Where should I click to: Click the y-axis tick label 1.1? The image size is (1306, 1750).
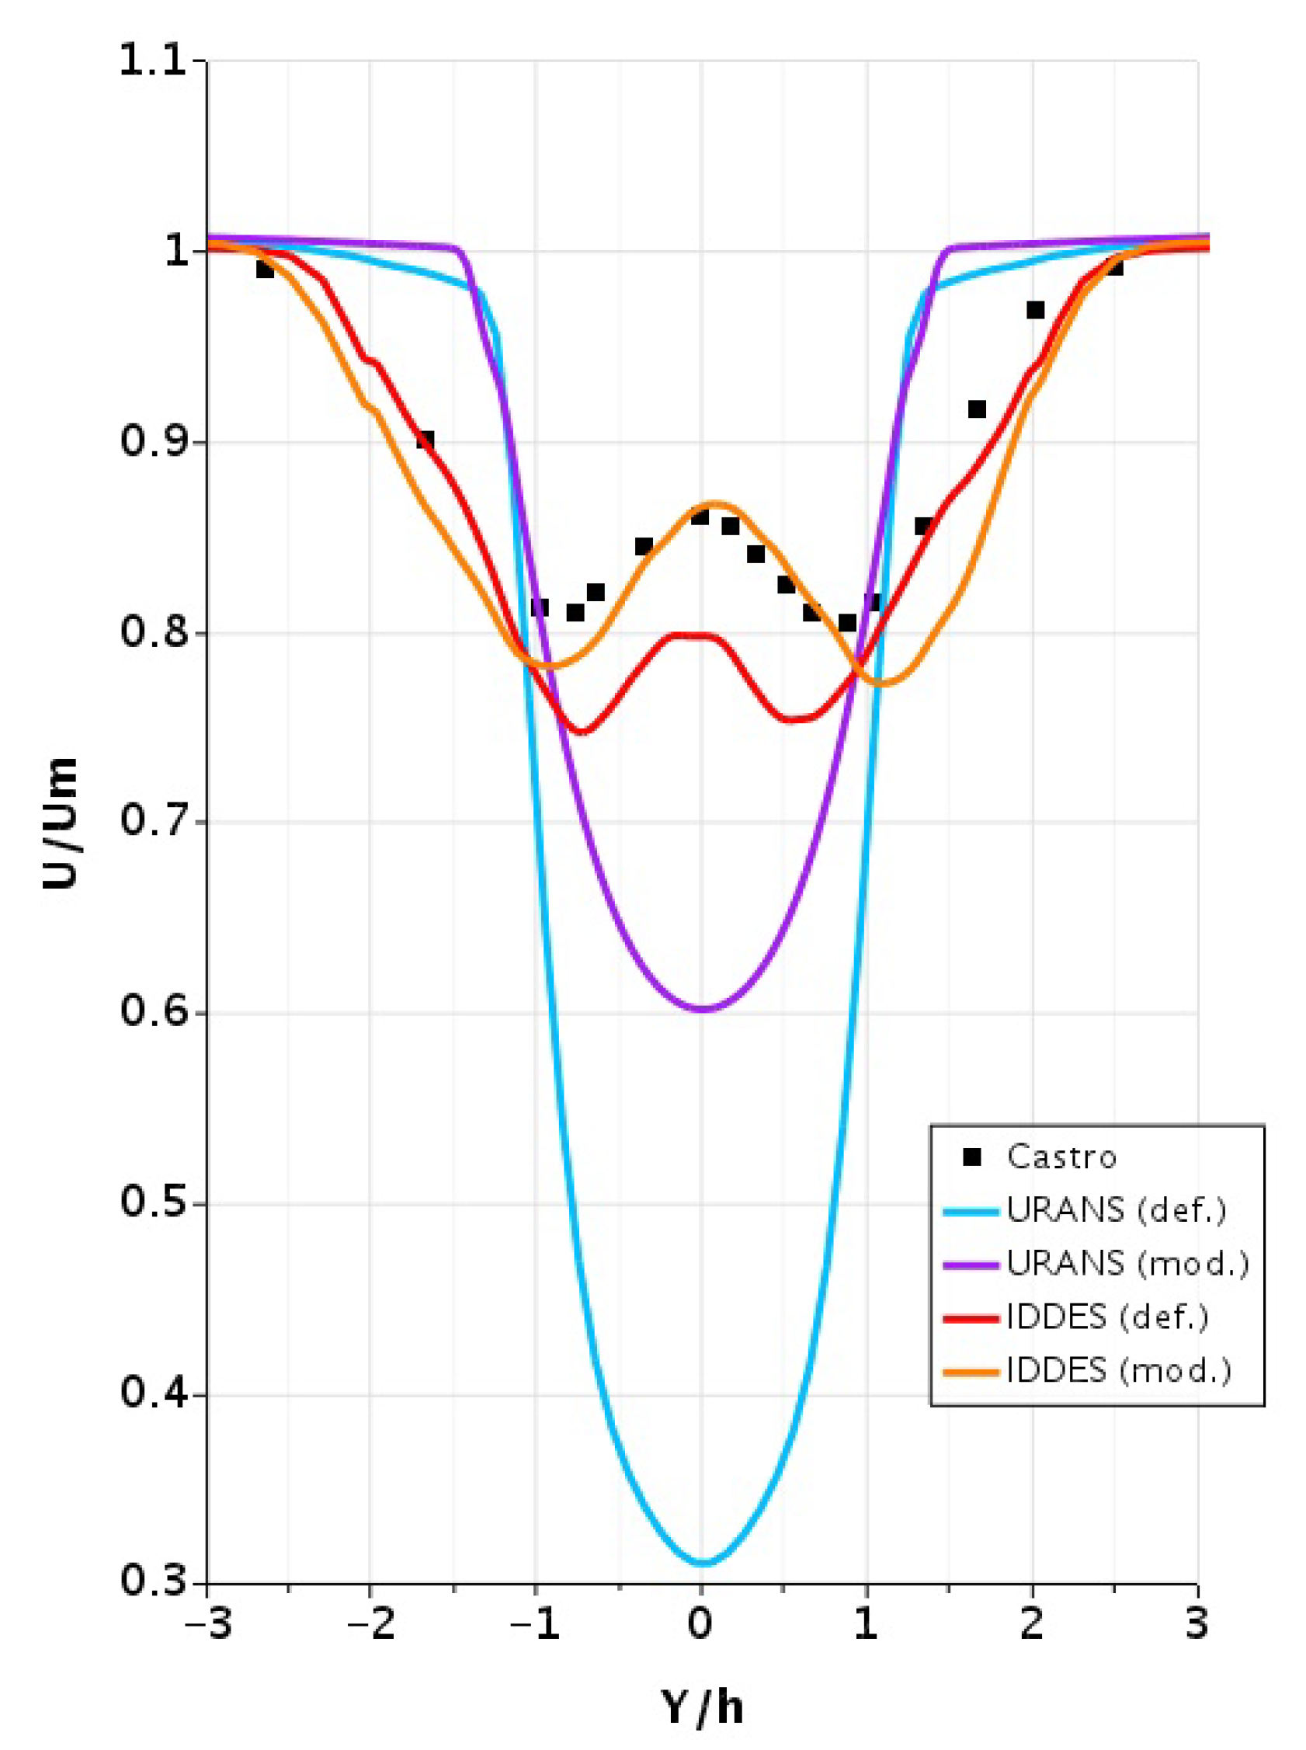153,61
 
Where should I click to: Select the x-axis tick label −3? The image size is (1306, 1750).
207,1623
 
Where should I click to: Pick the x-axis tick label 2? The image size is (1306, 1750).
1031,1623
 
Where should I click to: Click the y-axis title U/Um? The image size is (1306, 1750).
61,823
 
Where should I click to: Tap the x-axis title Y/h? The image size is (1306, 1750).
702,1707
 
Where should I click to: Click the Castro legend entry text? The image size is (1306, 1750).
1061,1157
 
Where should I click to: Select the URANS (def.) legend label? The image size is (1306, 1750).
1116,1210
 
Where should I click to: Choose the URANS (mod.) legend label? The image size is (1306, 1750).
1127,1263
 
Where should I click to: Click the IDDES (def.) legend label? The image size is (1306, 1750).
1106,1316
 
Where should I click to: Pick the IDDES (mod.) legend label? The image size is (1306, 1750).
1118,1369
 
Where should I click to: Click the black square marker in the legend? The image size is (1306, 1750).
972,1157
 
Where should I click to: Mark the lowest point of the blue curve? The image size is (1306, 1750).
703,1563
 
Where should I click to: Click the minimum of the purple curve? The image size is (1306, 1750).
703,1009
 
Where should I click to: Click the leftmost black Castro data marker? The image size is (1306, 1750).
265,269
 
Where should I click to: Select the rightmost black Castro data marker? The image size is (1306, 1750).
1115,266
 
